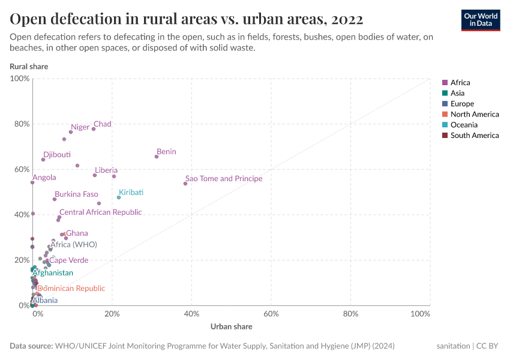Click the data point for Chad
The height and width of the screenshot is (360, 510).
tap(94, 129)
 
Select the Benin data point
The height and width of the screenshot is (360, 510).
tap(157, 157)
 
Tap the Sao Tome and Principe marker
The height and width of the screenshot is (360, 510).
tap(185, 184)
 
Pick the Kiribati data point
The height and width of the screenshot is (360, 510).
tap(119, 197)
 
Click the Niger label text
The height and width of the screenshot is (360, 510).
tap(80, 127)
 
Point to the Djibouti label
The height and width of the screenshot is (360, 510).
tap(57, 155)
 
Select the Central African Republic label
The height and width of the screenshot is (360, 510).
tap(100, 212)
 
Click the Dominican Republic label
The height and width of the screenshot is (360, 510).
tap(71, 289)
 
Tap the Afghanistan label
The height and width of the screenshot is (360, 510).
tap(53, 273)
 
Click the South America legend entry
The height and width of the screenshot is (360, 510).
tap(475, 136)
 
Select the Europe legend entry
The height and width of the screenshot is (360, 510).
tap(463, 104)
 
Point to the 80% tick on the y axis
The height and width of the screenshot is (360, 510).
tap(20, 124)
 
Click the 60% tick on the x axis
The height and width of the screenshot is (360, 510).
tap(271, 314)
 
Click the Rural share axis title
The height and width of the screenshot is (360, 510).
tap(29, 67)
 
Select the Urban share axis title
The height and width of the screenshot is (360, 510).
tap(231, 327)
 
